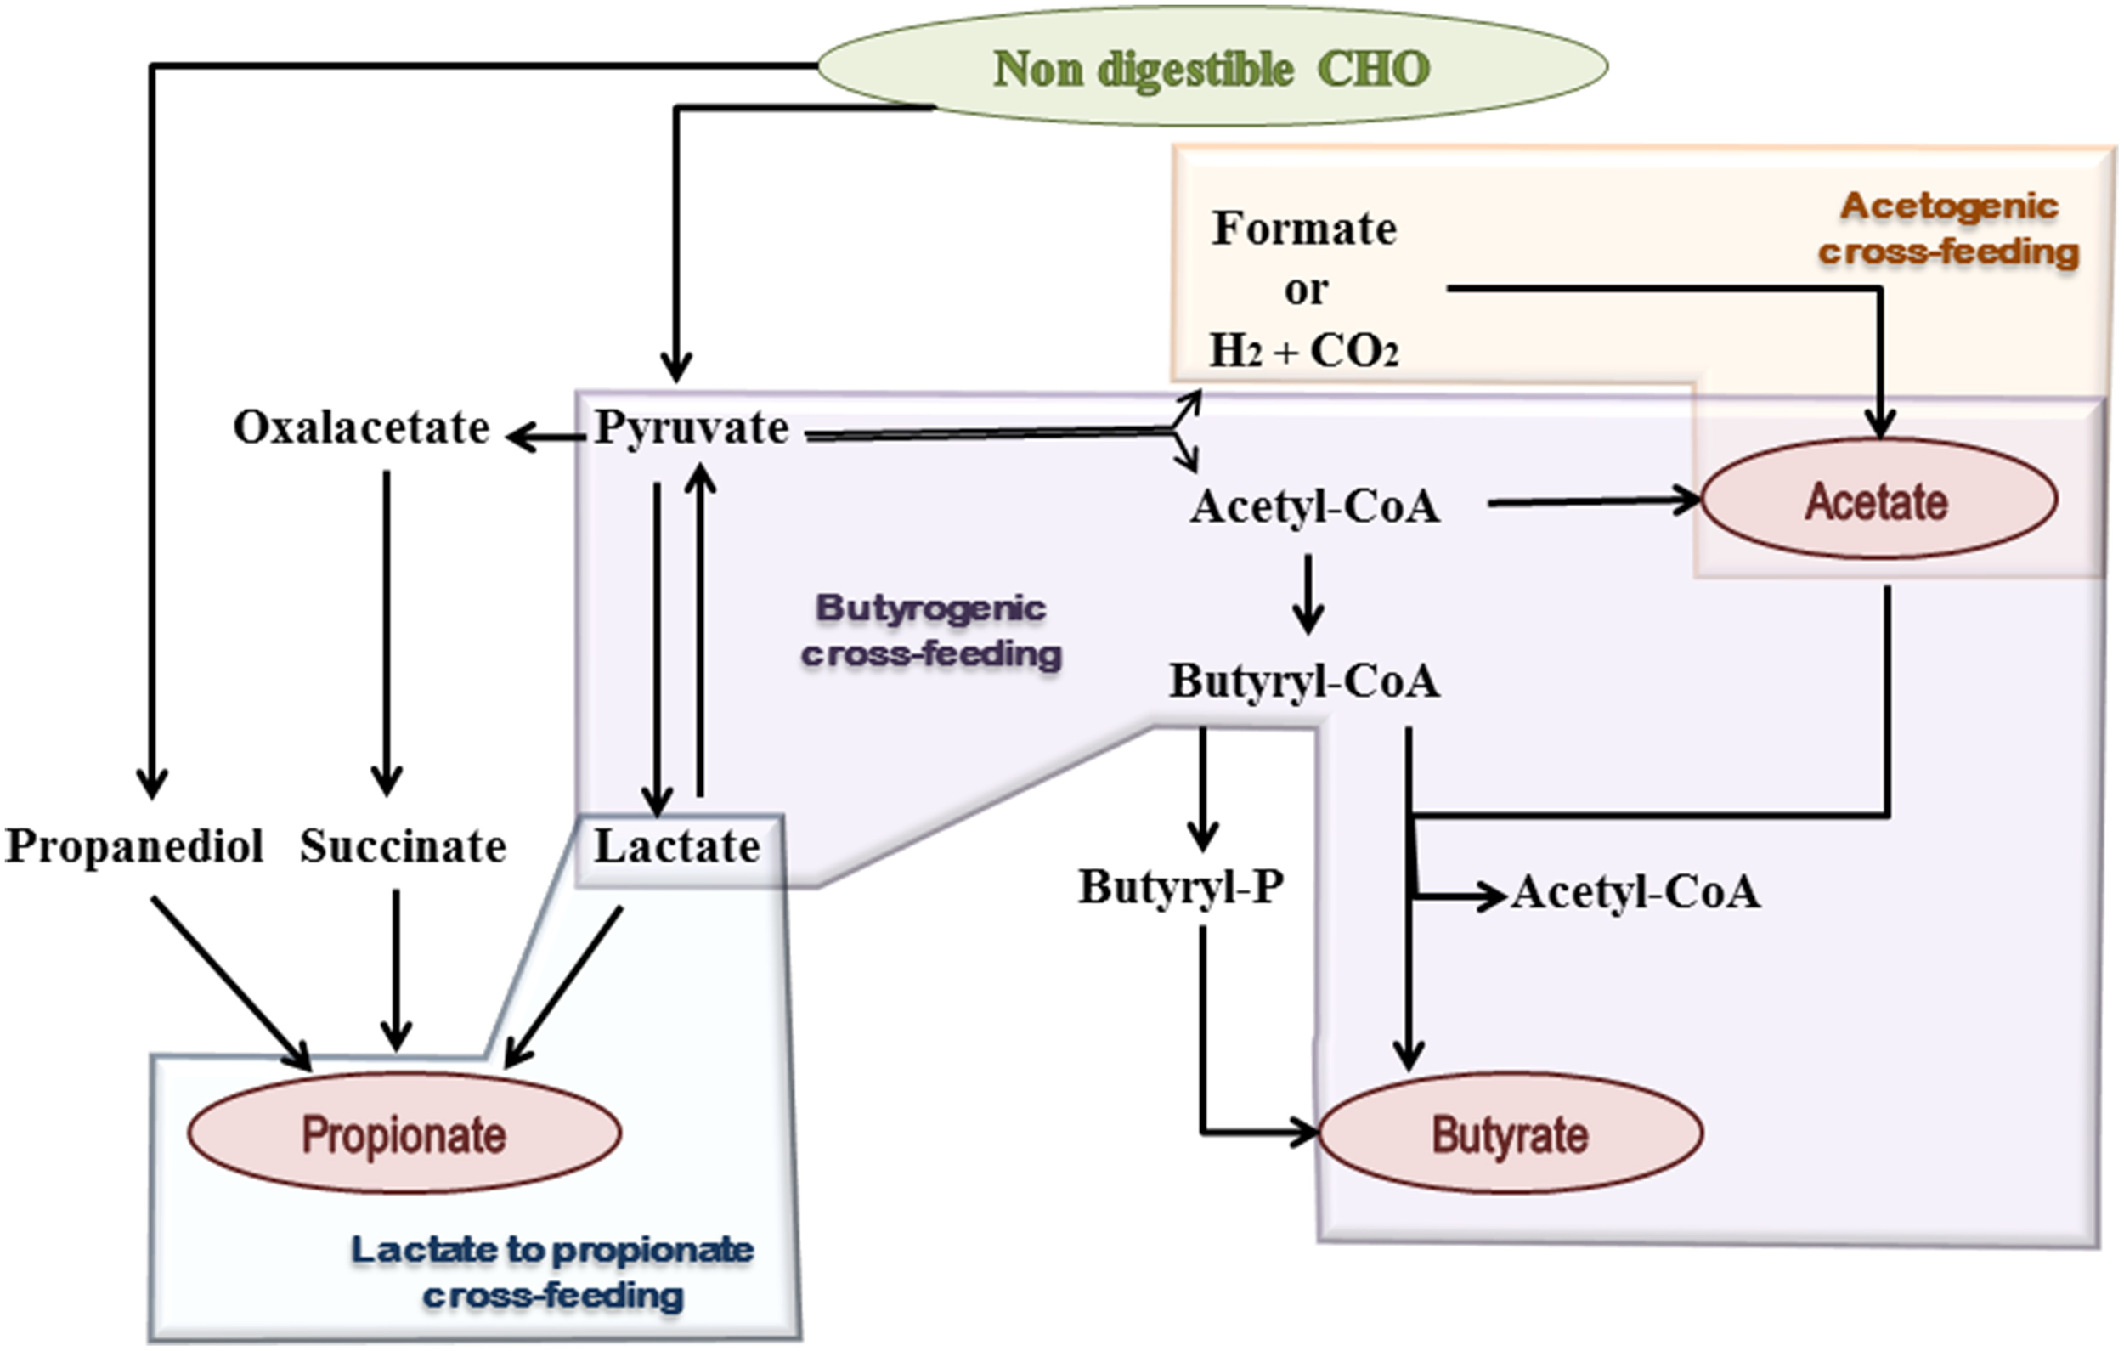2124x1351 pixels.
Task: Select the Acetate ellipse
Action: click(x=1878, y=500)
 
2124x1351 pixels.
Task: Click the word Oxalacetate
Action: click(x=361, y=428)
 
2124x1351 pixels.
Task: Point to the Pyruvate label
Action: click(x=692, y=429)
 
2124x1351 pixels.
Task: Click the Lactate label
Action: click(x=676, y=846)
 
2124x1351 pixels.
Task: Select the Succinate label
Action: click(x=403, y=846)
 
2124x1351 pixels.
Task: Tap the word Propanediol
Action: click(x=134, y=846)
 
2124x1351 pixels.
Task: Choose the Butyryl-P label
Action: click(x=1180, y=887)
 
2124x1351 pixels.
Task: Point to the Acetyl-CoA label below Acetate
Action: click(x=1636, y=892)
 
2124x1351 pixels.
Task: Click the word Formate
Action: click(x=1303, y=229)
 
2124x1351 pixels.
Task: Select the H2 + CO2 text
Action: click(x=1303, y=351)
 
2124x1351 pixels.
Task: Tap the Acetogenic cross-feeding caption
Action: click(x=1948, y=229)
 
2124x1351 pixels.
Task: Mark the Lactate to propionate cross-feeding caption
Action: click(x=552, y=1273)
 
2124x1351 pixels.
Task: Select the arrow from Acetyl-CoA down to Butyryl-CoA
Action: click(x=1308, y=593)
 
